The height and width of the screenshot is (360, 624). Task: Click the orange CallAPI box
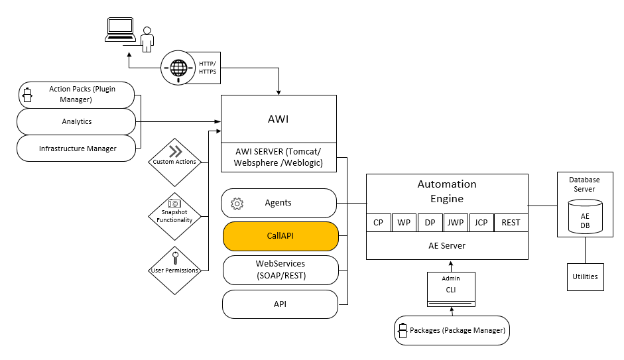281,236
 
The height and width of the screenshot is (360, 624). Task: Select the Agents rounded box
279,203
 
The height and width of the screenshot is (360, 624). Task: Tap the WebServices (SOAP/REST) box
281,269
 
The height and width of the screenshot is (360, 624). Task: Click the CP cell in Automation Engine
378,223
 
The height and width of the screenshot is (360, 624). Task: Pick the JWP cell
455,223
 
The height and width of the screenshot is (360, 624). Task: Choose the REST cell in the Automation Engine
511,223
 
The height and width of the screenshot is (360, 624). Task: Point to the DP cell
429,223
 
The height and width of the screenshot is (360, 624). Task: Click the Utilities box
584,276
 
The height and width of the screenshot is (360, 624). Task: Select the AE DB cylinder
585,216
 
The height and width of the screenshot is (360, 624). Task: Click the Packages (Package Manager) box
452,330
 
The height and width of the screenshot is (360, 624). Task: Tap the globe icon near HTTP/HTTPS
178,68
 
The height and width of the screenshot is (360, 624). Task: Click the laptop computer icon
120,30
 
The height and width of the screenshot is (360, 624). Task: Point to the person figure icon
147,39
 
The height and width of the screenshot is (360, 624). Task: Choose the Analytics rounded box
77,121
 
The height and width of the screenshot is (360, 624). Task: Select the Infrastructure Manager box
77,149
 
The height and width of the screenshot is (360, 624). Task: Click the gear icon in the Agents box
237,204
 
